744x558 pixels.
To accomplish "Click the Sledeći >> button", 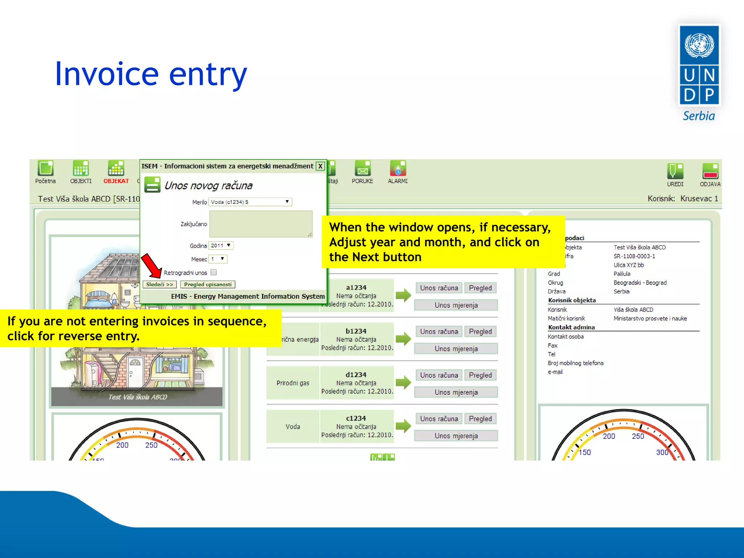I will click(159, 284).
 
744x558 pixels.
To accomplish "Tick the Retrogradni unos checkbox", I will click(214, 272).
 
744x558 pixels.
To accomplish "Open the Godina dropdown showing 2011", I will click(221, 246).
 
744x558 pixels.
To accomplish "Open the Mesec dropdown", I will click(218, 259).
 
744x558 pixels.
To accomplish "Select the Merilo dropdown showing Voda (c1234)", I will click(250, 202).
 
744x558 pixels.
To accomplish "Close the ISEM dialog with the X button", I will click(320, 166).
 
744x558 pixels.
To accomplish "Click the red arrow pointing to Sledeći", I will click(151, 266).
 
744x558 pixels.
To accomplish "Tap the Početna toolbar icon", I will click(45, 169).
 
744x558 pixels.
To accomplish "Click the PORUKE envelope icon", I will click(362, 169).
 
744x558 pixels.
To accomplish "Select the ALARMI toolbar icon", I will click(398, 169).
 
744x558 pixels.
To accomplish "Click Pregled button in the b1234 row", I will click(480, 332).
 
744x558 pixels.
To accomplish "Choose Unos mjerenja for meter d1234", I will click(456, 392).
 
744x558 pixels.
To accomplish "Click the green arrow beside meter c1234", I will click(403, 426).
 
